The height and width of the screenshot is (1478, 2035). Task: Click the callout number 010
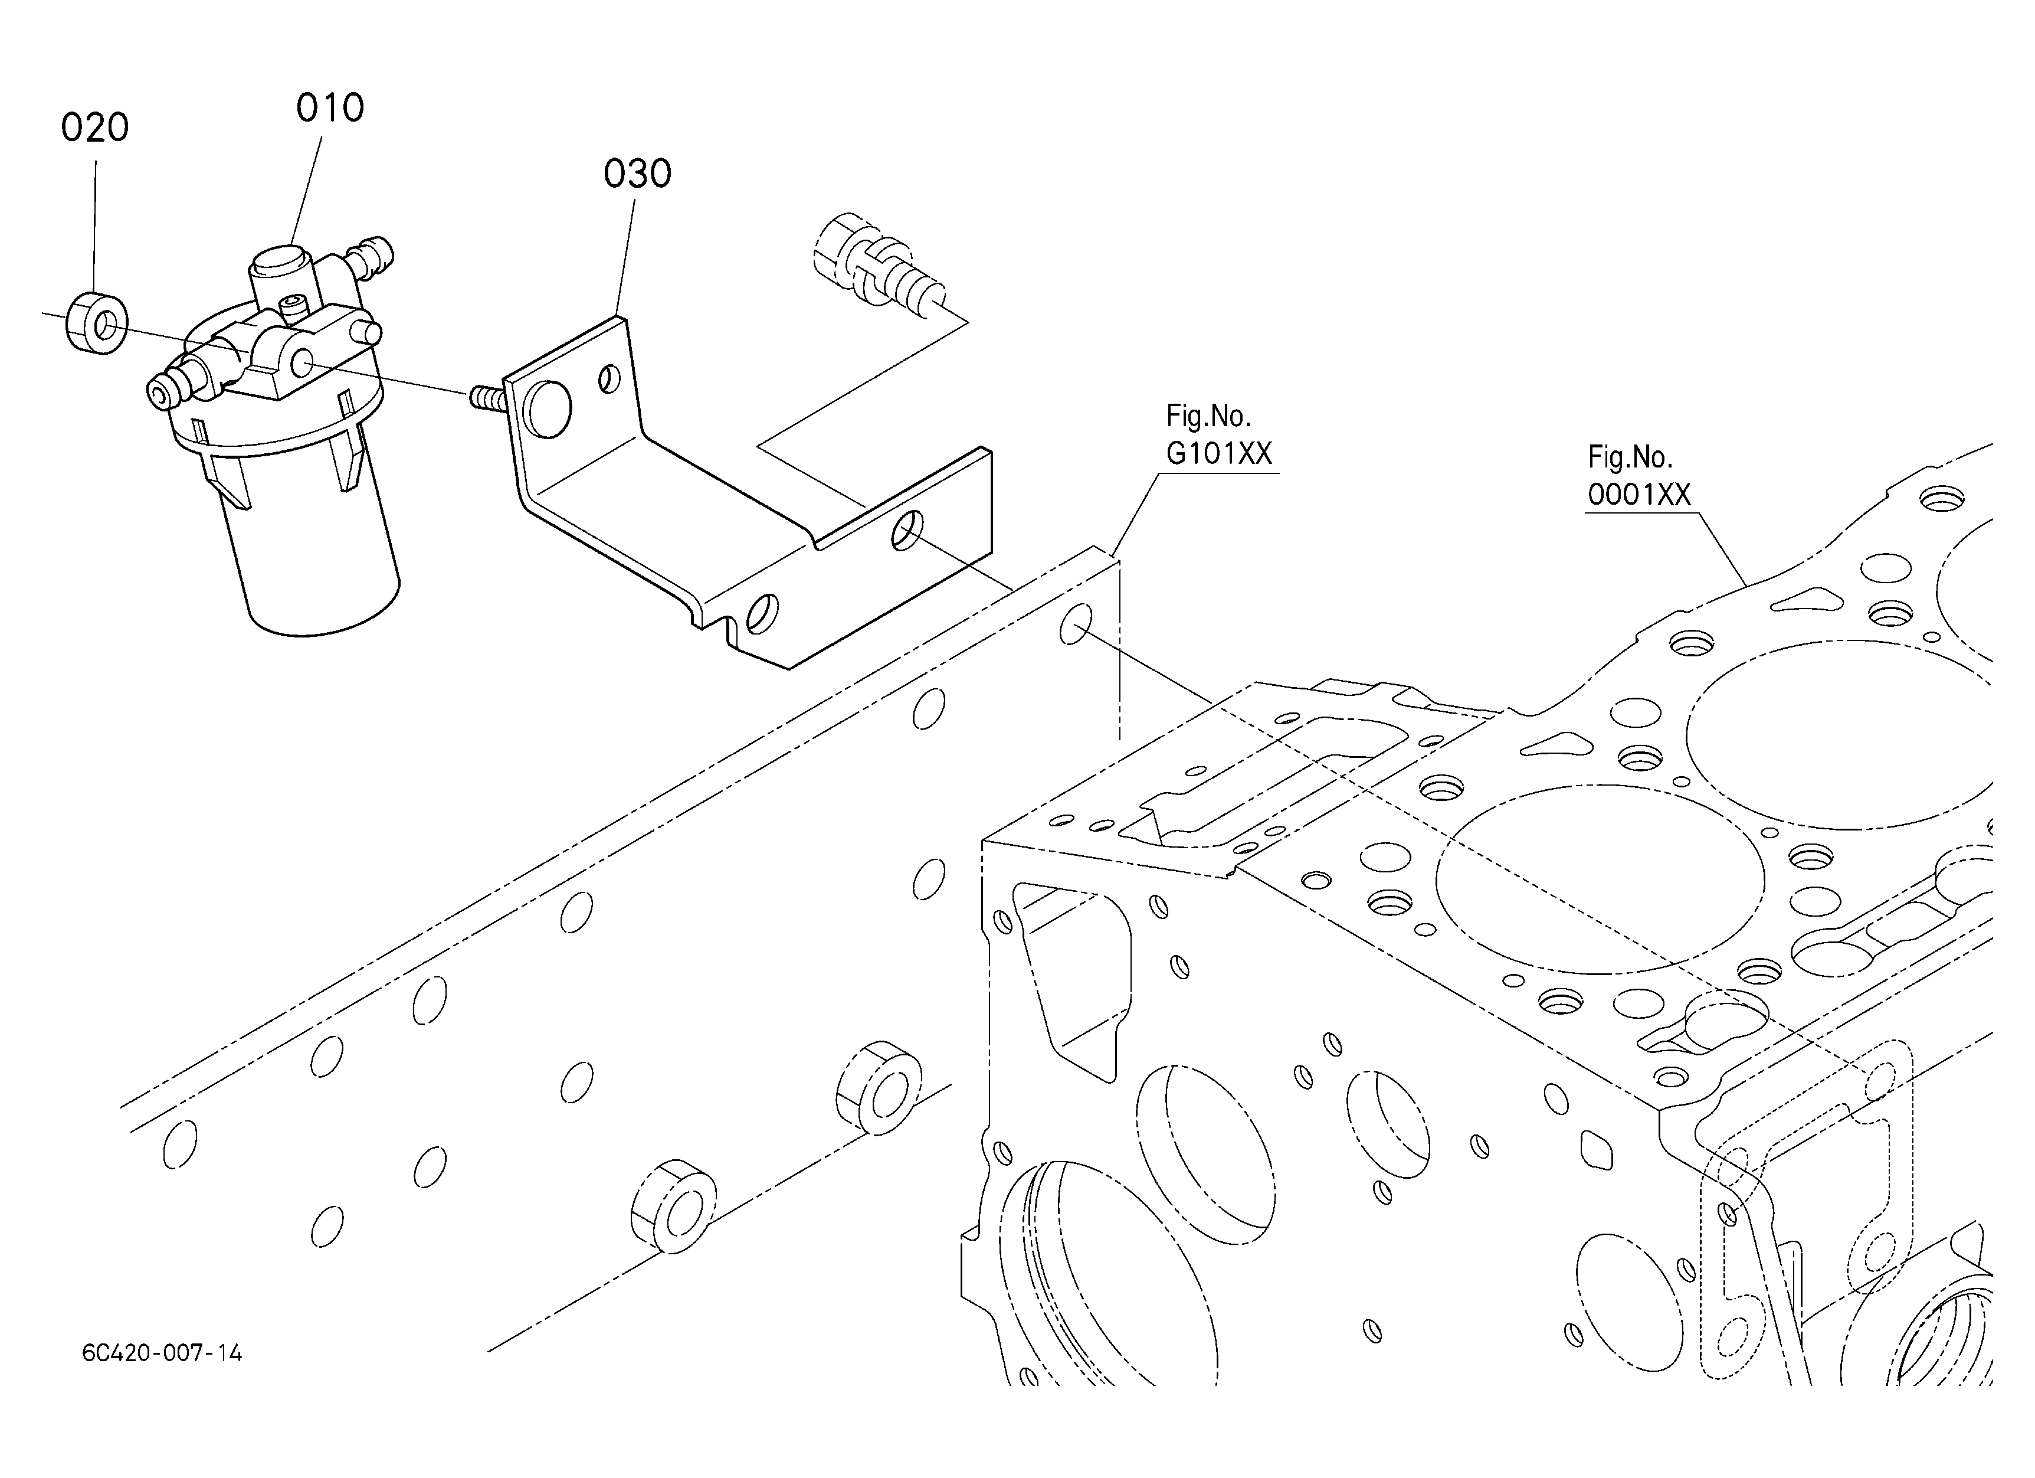pyautogui.click(x=330, y=109)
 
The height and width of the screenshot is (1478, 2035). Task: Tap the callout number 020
pyautogui.click(x=95, y=127)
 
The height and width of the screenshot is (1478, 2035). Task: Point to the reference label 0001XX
pyautogui.click(x=1639, y=495)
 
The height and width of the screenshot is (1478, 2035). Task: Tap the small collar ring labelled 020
pyautogui.click(x=97, y=321)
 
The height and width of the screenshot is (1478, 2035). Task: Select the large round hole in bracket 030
pyautogui.click(x=549, y=409)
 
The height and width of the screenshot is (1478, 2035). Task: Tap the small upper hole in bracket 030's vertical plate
pyautogui.click(x=609, y=379)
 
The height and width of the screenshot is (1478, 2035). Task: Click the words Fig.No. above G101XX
pyautogui.click(x=1208, y=416)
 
